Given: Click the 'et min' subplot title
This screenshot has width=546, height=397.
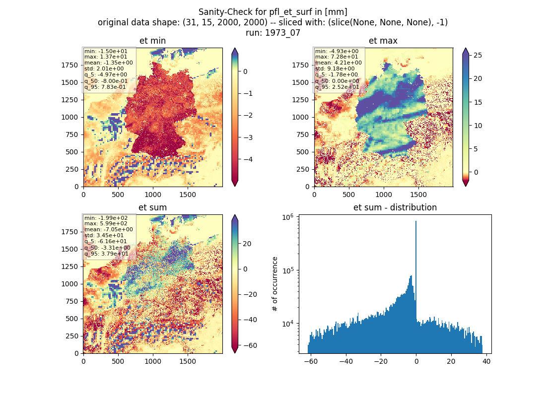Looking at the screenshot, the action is (152, 41).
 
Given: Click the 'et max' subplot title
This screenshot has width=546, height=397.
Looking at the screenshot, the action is (383, 41).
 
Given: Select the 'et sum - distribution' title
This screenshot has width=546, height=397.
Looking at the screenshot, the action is (395, 207).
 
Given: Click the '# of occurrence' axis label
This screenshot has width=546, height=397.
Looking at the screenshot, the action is (275, 284).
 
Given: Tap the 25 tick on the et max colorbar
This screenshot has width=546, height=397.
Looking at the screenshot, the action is (478, 56).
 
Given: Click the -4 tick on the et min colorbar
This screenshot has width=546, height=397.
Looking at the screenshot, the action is (248, 159).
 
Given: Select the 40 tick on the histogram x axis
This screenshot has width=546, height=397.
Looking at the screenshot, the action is (486, 361).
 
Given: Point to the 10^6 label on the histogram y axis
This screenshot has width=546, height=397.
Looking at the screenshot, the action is (287, 217).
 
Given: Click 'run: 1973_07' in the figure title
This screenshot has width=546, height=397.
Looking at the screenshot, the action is (273, 33).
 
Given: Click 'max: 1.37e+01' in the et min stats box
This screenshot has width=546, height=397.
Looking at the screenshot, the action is (106, 57).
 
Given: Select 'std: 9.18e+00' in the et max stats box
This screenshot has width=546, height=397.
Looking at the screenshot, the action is (335, 68).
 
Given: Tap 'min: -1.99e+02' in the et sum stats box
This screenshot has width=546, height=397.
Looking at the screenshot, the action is (106, 218).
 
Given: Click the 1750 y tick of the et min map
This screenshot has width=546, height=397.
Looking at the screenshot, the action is (69, 65).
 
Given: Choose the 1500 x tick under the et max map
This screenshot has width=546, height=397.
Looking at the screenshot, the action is (418, 195).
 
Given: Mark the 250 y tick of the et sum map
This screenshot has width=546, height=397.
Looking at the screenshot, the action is (72, 336).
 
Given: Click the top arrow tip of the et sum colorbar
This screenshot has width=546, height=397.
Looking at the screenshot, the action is (235, 215).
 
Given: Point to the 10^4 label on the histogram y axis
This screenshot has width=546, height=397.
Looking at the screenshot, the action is (287, 324).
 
